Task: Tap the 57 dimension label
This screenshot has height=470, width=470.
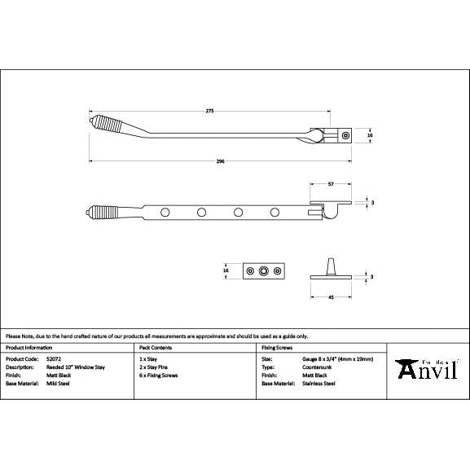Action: tap(331, 185)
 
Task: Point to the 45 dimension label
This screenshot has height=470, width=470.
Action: tap(331, 297)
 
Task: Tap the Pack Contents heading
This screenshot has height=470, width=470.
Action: tap(154, 347)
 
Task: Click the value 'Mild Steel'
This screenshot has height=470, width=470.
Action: tap(58, 382)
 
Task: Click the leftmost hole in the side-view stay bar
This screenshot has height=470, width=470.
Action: tap(166, 213)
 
